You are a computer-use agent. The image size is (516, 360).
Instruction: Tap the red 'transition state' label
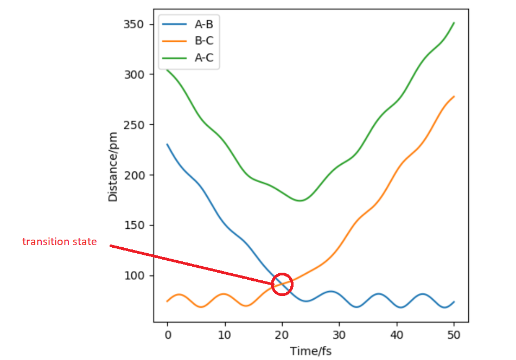click(60, 242)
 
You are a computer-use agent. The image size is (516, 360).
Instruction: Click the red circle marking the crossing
click(282, 284)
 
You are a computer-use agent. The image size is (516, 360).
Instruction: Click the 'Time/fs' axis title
click(310, 351)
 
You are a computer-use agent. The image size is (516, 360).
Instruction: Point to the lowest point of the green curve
click(300, 201)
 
